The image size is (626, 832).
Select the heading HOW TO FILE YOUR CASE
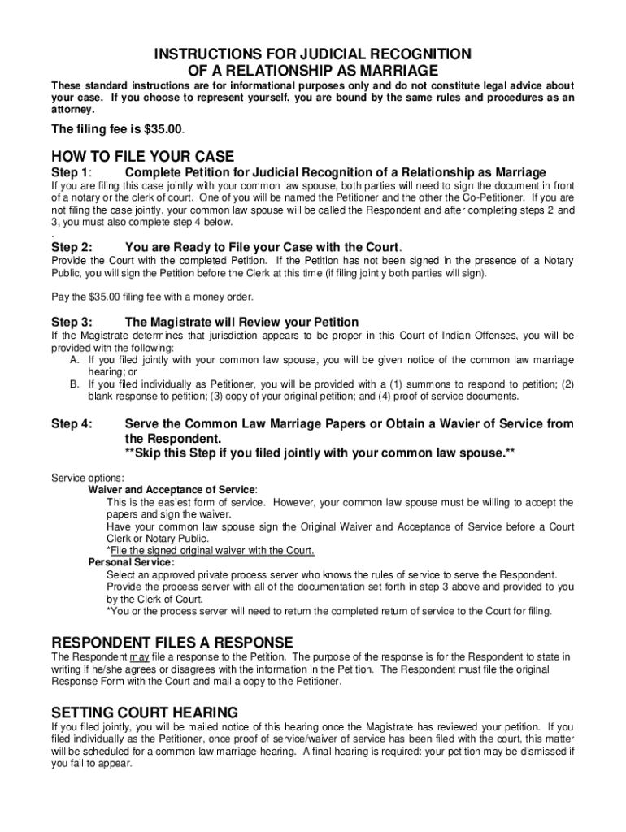142,156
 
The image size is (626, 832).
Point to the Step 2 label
71,247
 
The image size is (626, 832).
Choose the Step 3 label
71,322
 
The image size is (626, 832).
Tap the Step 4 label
71,423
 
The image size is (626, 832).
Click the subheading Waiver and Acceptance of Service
172,490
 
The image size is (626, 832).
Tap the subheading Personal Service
131,562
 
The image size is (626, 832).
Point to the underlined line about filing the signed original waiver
211,551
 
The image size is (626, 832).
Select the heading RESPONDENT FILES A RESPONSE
172,642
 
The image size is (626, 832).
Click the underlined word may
138,656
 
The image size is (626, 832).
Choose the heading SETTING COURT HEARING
145,712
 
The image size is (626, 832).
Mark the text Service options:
88,478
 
